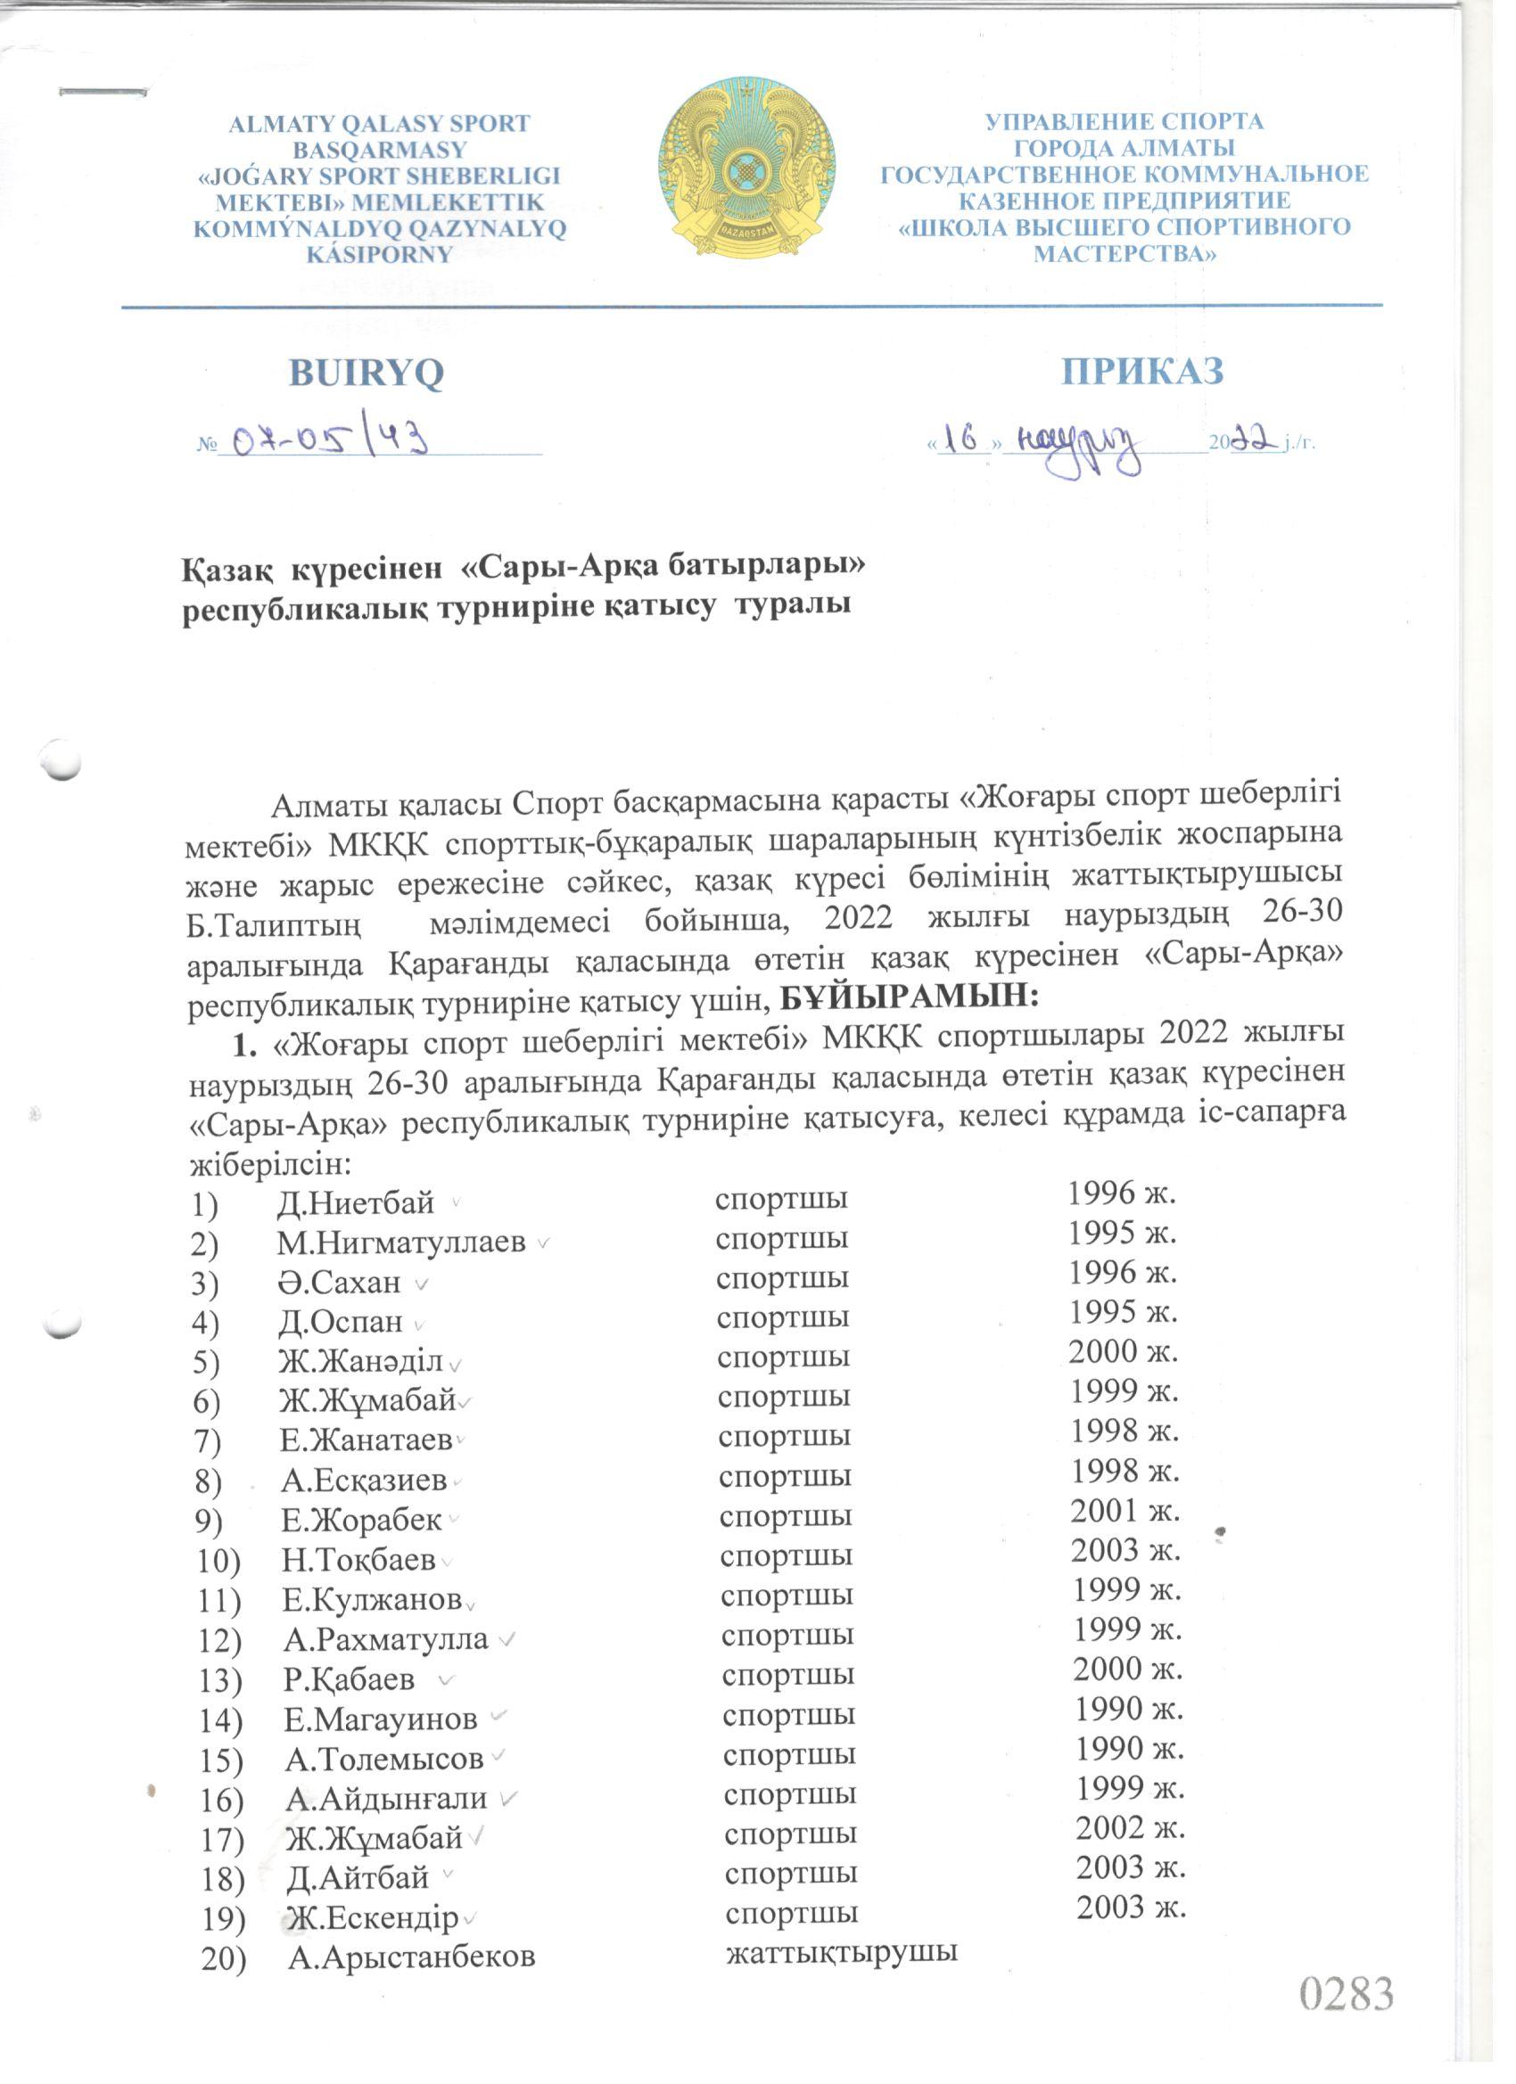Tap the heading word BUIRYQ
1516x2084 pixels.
pyautogui.click(x=366, y=373)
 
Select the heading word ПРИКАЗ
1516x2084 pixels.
pyautogui.click(x=1141, y=370)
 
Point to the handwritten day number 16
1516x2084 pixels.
pyautogui.click(x=961, y=439)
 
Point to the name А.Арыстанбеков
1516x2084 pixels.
pyautogui.click(x=411, y=1957)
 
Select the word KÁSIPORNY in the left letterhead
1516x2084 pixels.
pyautogui.click(x=380, y=255)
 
